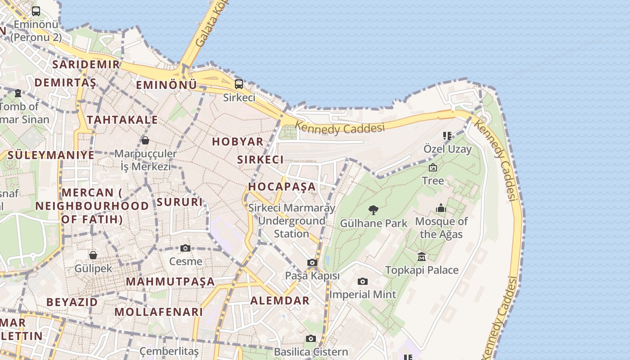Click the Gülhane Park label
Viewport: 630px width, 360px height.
(x=373, y=223)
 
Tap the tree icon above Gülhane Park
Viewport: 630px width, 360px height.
(x=373, y=210)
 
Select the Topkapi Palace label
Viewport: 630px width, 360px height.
(x=422, y=270)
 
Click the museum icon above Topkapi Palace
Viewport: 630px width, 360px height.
(x=422, y=257)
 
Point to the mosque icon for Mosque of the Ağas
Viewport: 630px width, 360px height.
(x=441, y=208)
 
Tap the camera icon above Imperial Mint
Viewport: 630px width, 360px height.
(x=362, y=282)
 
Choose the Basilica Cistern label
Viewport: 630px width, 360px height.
(x=311, y=351)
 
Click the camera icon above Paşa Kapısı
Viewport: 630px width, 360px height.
(x=312, y=262)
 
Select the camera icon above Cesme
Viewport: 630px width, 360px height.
(x=185, y=248)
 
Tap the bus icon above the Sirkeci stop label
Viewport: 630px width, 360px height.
(x=239, y=84)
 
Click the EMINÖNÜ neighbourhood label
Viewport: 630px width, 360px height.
(x=166, y=85)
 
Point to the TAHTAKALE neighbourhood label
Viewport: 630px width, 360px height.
(x=122, y=120)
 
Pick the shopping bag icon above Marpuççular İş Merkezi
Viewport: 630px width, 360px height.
(x=145, y=140)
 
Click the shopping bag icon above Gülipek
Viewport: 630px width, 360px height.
(x=93, y=255)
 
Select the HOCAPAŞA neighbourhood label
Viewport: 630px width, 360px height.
(x=282, y=186)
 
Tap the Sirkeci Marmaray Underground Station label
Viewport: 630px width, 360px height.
(x=292, y=220)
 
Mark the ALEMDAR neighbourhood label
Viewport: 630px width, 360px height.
(x=280, y=301)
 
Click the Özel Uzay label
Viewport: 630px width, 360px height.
(x=447, y=148)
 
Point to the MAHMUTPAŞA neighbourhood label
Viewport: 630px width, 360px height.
(x=170, y=282)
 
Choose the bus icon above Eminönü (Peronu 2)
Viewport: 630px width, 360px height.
(x=36, y=11)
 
